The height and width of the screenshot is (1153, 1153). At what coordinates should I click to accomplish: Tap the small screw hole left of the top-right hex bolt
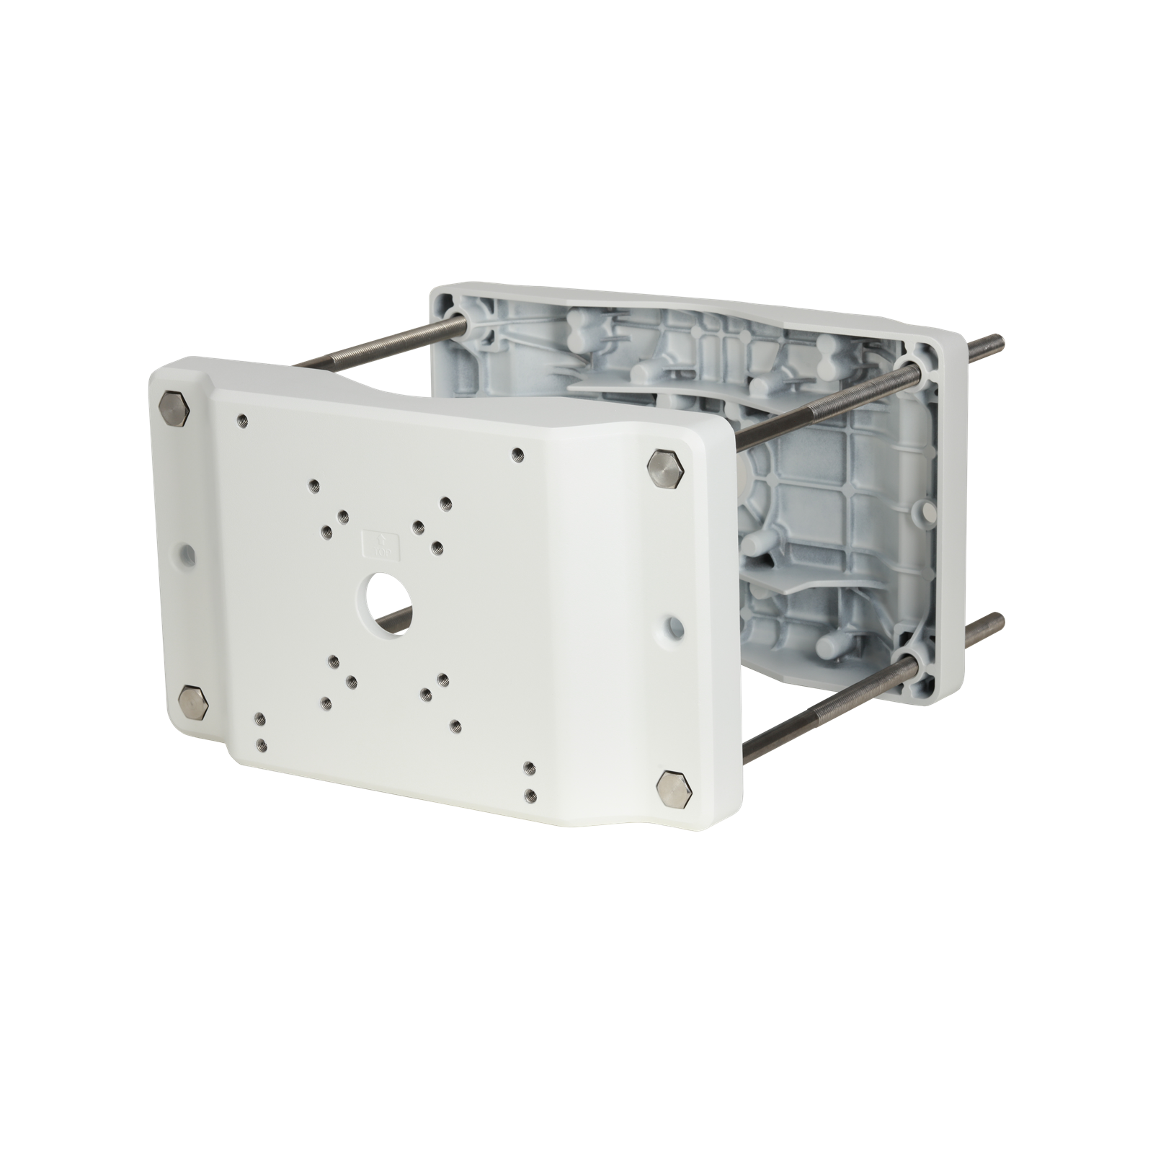[x=517, y=454]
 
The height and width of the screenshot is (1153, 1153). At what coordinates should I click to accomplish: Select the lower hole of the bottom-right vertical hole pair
[x=531, y=795]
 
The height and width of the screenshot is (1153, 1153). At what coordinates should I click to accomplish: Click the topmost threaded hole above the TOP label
[x=312, y=485]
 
